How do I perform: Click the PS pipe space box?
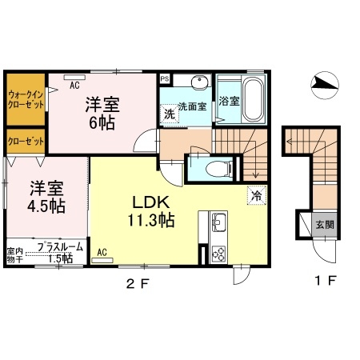pos(165,79)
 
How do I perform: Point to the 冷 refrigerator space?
pos(257,195)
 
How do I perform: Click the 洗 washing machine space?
pos(170,114)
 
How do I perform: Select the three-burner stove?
pos(218,254)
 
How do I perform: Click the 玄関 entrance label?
pos(325,225)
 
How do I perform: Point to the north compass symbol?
pos(325,84)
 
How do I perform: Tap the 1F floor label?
pos(326,281)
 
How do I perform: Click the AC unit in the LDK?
pos(102,260)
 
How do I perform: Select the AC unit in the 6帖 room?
pos(74,77)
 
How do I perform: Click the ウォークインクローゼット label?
pos(26,99)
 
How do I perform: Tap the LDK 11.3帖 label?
pos(151,211)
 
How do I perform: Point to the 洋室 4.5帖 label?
pos(46,197)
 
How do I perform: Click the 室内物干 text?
pos(14,255)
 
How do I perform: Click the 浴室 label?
pos(229,101)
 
